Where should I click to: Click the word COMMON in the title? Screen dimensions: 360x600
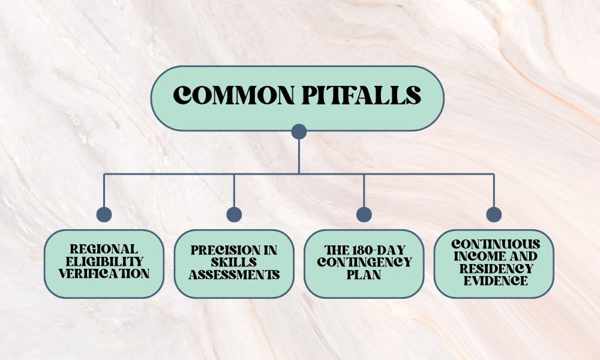pyautogui.click(x=225, y=96)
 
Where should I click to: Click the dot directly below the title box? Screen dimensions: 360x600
pyautogui.click(x=299, y=131)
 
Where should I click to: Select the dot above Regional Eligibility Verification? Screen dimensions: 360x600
pyautogui.click(x=104, y=214)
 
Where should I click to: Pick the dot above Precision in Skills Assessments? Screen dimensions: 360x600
pyautogui.click(x=234, y=214)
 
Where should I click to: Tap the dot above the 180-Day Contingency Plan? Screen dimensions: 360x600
pyautogui.click(x=364, y=214)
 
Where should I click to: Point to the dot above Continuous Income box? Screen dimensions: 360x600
pyautogui.click(x=494, y=214)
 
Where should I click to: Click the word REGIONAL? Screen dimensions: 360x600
pyautogui.click(x=104, y=249)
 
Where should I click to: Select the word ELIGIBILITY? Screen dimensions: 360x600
pyautogui.click(x=104, y=262)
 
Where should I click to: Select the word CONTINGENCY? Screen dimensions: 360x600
pyautogui.click(x=364, y=262)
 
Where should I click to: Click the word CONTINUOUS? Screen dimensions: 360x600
pyautogui.click(x=494, y=244)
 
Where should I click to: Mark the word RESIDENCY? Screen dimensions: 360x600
pyautogui.click(x=494, y=268)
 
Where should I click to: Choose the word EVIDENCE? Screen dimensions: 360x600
pyautogui.click(x=494, y=280)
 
